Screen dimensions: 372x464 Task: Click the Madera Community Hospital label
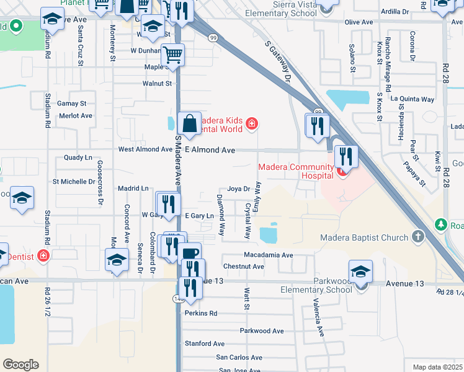click(x=296, y=172)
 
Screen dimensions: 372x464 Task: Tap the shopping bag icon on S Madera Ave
click(x=189, y=123)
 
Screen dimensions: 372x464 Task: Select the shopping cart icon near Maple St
click(x=172, y=55)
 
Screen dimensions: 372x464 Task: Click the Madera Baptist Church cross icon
click(x=418, y=237)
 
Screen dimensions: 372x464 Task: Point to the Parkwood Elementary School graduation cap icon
click(x=360, y=272)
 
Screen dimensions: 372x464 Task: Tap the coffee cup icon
click(x=189, y=253)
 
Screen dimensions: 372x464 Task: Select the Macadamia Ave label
click(x=268, y=255)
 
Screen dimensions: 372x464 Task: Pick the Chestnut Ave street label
click(x=244, y=267)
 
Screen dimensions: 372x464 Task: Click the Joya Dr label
click(x=238, y=189)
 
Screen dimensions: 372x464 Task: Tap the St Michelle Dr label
click(x=74, y=182)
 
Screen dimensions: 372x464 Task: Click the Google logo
click(x=20, y=365)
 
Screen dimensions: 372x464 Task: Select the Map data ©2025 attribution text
click(x=437, y=367)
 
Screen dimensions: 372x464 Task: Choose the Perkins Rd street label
click(x=200, y=314)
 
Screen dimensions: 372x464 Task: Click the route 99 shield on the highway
click(x=213, y=38)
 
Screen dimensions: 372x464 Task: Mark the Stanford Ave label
click(x=204, y=343)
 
